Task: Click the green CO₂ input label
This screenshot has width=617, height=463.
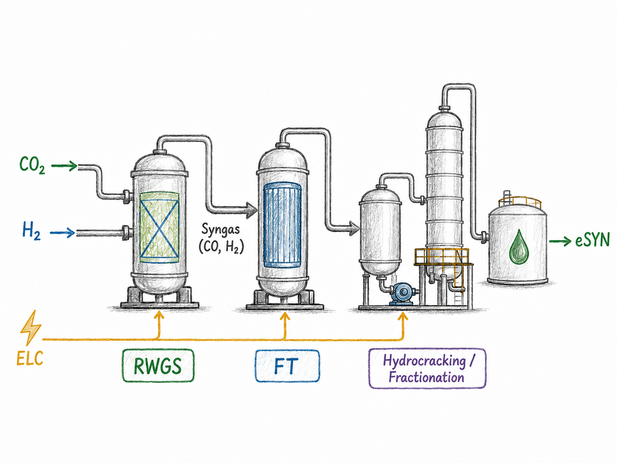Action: (32, 165)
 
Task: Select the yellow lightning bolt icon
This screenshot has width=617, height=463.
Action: (31, 328)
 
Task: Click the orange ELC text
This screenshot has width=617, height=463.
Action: (30, 358)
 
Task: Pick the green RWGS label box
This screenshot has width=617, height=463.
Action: (158, 365)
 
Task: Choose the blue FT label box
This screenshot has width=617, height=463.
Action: (287, 366)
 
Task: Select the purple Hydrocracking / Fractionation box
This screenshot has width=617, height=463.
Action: (427, 368)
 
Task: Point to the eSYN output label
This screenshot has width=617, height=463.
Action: (592, 241)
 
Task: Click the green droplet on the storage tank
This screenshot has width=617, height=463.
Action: (519, 247)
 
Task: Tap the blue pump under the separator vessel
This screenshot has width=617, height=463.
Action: (402, 294)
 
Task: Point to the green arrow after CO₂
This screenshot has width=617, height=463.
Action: (64, 165)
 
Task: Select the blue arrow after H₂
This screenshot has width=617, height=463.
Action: (62, 233)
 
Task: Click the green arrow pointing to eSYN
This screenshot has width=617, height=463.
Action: (560, 241)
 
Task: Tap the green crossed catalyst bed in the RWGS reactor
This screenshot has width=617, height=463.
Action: (159, 227)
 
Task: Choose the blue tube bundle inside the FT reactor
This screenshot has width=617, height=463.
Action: (282, 225)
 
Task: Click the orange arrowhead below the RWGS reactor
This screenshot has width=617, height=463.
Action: (159, 316)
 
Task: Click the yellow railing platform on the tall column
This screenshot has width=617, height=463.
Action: (443, 257)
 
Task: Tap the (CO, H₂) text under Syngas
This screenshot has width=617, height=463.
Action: (221, 247)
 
